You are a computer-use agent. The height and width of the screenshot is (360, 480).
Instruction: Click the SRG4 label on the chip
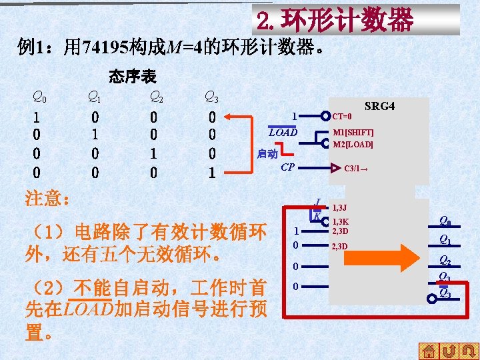pyautogui.click(x=380, y=107)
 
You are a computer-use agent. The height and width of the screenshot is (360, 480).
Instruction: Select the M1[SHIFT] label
pyautogui.click(x=353, y=133)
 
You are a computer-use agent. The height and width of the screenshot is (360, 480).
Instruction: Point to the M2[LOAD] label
pyautogui.click(x=353, y=144)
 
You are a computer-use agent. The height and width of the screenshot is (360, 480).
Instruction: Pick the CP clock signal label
pyautogui.click(x=288, y=167)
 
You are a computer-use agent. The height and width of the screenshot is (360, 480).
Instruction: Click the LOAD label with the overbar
pyautogui.click(x=283, y=132)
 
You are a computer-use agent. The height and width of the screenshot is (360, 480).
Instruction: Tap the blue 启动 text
pyautogui.click(x=267, y=154)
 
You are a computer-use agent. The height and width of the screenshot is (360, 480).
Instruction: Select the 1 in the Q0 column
pyautogui.click(x=36, y=117)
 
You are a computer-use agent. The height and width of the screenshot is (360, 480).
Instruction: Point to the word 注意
pyautogui.click(x=47, y=199)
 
